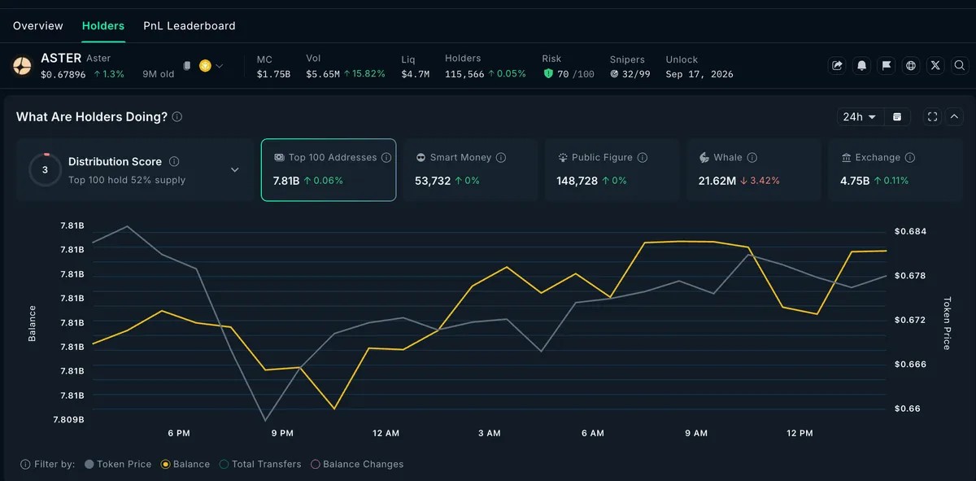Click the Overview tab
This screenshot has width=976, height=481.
pyautogui.click(x=38, y=26)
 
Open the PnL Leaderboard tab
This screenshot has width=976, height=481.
pyautogui.click(x=189, y=26)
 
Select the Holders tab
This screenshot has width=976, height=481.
pyautogui.click(x=103, y=26)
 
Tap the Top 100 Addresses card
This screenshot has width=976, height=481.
pyautogui.click(x=329, y=169)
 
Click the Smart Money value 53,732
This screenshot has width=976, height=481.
pyautogui.click(x=433, y=181)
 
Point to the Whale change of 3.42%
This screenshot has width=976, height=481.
pyautogui.click(x=760, y=181)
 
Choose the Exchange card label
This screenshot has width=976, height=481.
pyautogui.click(x=878, y=157)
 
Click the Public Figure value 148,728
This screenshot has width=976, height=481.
pyautogui.click(x=577, y=181)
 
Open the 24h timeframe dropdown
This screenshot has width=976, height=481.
pyautogui.click(x=859, y=117)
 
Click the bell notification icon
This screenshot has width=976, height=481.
pyautogui.click(x=861, y=65)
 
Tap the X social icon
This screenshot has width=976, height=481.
pyautogui.click(x=935, y=65)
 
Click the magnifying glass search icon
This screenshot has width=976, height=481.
pyautogui.click(x=960, y=65)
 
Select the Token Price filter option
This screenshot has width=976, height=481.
pyautogui.click(x=119, y=464)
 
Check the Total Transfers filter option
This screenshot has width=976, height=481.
pyautogui.click(x=260, y=464)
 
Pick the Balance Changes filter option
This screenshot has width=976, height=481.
pyautogui.click(x=357, y=464)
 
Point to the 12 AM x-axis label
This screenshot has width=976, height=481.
pyautogui.click(x=386, y=433)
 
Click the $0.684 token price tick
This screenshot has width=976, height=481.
pyautogui.click(x=910, y=231)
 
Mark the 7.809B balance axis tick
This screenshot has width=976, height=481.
pyautogui.click(x=68, y=419)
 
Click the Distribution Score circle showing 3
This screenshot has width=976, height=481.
pyautogui.click(x=45, y=169)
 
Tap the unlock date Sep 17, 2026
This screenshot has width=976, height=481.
pyautogui.click(x=699, y=74)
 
